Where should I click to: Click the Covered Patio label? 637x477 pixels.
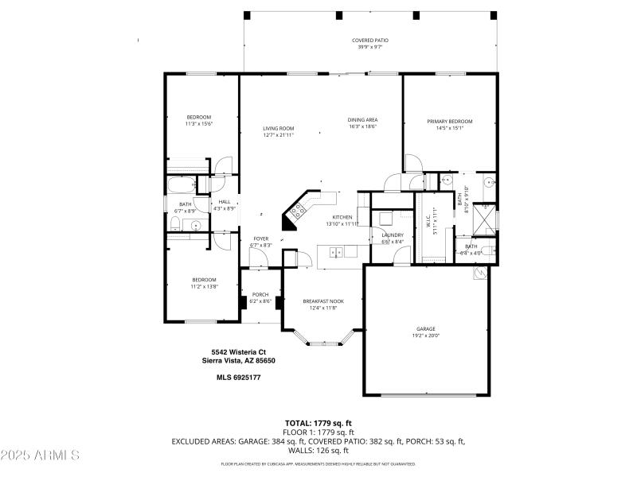(369, 40)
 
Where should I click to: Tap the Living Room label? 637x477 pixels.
(279, 128)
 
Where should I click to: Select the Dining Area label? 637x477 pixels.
(362, 119)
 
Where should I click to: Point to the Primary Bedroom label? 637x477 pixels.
(449, 122)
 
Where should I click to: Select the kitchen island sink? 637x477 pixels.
(337, 253)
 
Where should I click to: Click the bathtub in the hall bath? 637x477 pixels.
(181, 187)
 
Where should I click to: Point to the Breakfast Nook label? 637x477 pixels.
(322, 301)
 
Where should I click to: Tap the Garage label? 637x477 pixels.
(426, 328)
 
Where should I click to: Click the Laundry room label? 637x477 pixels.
(393, 235)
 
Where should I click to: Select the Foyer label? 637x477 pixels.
(260, 238)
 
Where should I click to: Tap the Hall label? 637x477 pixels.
(225, 202)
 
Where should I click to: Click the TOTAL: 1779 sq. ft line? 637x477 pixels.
(318, 422)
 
